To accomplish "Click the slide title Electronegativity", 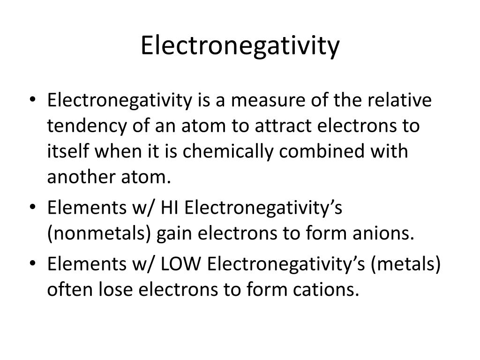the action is [x=240, y=45].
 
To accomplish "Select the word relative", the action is [x=399, y=100].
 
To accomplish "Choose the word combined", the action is [x=322, y=151].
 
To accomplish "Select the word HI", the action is [x=169, y=208].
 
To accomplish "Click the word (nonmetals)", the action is [x=99, y=233].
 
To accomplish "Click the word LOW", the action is [x=180, y=264].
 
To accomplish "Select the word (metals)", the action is [x=405, y=264].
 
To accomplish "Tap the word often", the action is [x=70, y=289].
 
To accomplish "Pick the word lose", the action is [x=116, y=289].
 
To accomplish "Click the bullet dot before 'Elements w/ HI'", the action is [x=33, y=207].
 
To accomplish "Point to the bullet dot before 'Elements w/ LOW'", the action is [x=33, y=263].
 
